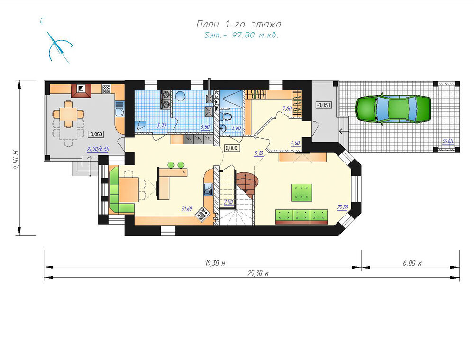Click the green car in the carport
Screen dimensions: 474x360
(393, 109)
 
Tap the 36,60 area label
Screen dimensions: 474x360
(447, 141)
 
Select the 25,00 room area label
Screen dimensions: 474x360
(343, 207)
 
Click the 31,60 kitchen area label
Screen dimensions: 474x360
(187, 208)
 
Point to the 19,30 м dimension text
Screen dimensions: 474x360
(215, 263)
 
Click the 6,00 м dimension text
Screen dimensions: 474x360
(412, 263)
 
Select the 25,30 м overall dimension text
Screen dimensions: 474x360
(258, 274)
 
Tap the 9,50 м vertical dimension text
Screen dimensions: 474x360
(16, 160)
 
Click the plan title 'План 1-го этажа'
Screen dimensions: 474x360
(239, 24)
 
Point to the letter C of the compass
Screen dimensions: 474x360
(42, 21)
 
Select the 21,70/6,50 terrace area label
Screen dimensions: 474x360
(98, 149)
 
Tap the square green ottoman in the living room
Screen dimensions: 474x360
(301, 192)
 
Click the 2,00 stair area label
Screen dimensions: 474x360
(228, 202)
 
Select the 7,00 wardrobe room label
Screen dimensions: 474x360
(287, 109)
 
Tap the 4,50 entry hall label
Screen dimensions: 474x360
(295, 143)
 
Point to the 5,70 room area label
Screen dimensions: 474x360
(162, 126)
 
